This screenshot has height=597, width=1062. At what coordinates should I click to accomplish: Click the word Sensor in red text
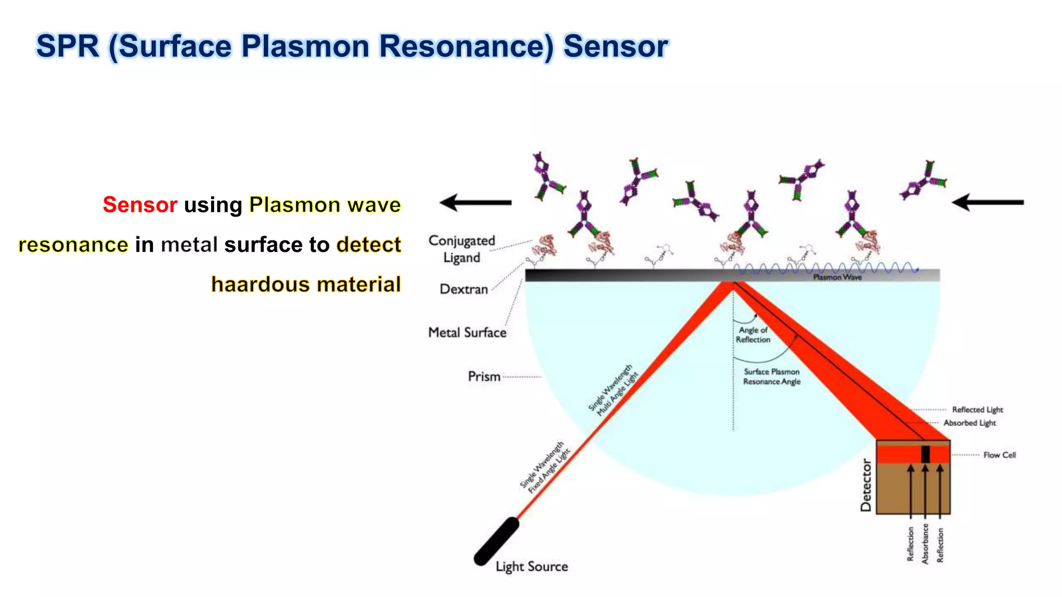pos(140,205)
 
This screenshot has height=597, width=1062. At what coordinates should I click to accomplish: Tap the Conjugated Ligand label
pos(462,249)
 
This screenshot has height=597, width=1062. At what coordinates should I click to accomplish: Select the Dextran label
pos(464,289)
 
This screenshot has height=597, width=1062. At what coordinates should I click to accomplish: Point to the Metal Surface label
pos(467,333)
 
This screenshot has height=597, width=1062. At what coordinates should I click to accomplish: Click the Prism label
pos(484,376)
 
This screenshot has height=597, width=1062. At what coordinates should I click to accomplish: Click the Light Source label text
pos(532,566)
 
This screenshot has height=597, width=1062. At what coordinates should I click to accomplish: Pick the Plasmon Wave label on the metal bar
pos(837,278)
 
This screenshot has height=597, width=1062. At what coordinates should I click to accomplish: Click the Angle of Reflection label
pos(753,335)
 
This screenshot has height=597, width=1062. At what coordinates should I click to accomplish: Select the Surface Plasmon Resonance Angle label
pos(772,377)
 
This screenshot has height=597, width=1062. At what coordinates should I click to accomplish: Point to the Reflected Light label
pos(977,410)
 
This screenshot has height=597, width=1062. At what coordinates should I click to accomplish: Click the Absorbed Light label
pos(970,423)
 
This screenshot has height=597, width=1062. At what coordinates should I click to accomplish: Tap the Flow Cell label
pos(999,455)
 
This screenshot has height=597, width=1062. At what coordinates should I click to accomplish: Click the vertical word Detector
pos(866,485)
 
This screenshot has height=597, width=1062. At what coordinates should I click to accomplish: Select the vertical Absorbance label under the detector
pos(925,544)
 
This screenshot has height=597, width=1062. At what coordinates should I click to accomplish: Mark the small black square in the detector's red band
pos(925,454)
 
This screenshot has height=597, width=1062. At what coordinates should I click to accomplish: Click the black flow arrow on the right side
pos(987,202)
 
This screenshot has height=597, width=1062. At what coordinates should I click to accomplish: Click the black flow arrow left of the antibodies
pos(475,203)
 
